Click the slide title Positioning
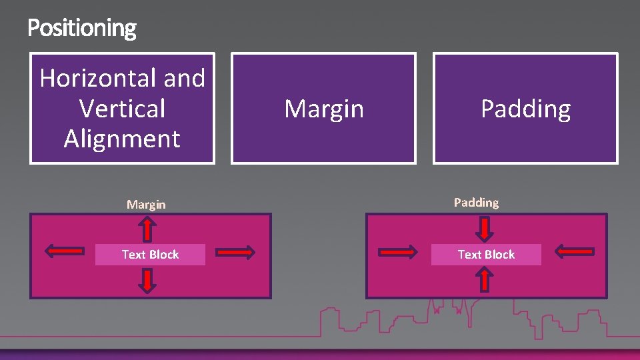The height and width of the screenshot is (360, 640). pyautogui.click(x=82, y=28)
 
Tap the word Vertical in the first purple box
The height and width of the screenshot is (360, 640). pyautogui.click(x=122, y=109)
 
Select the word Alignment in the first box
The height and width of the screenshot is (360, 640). pyautogui.click(x=122, y=139)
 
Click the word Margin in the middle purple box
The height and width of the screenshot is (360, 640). pyautogui.click(x=324, y=109)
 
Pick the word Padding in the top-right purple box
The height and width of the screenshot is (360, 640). pyautogui.click(x=525, y=109)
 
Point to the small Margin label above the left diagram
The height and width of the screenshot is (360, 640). pyautogui.click(x=146, y=204)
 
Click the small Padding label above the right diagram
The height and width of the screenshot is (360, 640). pyautogui.click(x=476, y=202)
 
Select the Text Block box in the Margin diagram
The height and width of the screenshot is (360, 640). pyautogui.click(x=150, y=255)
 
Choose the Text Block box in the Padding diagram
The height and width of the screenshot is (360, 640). pyautogui.click(x=486, y=255)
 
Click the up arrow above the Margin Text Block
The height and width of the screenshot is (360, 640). pyautogui.click(x=147, y=231)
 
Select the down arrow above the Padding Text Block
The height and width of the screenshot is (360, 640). pyautogui.click(x=485, y=229)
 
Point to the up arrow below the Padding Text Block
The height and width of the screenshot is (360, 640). pyautogui.click(x=485, y=279)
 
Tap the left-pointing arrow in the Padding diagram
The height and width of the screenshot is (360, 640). pyautogui.click(x=574, y=251)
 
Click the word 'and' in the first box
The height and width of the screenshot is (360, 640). pyautogui.click(x=184, y=79)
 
